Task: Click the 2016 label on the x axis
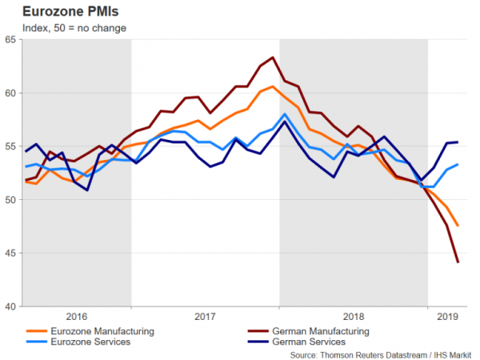78,316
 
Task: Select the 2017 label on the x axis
205,316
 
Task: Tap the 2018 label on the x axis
353,316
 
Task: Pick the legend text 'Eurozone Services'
89,342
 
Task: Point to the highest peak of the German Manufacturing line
273,58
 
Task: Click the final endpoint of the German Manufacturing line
458,262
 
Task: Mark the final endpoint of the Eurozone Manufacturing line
458,226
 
